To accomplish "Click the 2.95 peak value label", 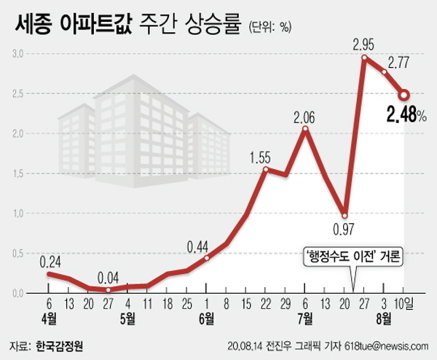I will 363,44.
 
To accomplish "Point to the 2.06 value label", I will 306,117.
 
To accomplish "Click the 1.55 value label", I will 260,157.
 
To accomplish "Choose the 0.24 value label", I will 49,262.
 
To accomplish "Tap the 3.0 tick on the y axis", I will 18,54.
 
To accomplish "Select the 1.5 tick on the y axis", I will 18,173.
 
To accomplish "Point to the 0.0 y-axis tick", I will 18,293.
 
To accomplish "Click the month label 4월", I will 49,318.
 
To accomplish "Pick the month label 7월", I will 304,318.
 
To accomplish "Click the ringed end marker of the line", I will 404,94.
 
